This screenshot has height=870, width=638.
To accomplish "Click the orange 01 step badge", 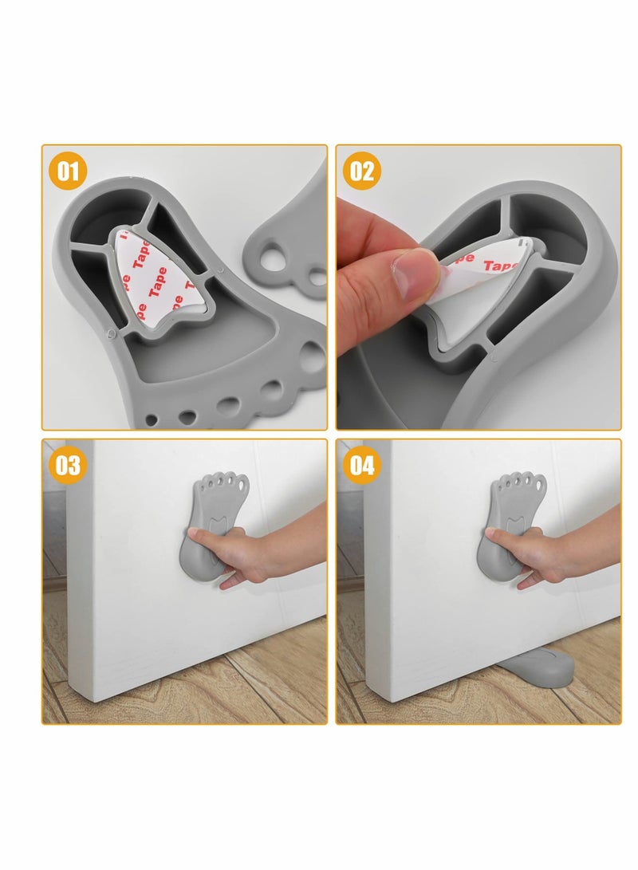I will pos(69,171).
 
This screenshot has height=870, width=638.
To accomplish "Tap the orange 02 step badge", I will pos(362,171).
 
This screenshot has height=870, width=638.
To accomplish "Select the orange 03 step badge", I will pos(69,465).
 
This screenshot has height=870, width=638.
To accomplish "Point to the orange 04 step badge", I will pos(362,465).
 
